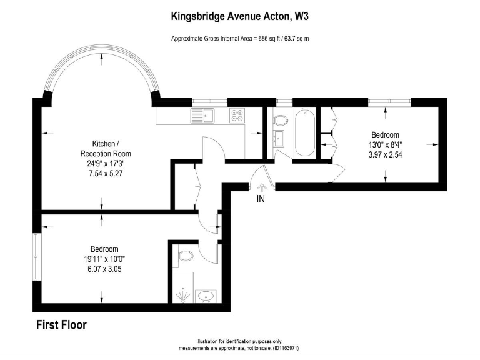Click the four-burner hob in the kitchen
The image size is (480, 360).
tap(237, 116)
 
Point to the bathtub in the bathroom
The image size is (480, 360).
tap(306, 132)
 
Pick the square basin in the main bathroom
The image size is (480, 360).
tap(279, 139)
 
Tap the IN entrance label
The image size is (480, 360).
tap(261, 199)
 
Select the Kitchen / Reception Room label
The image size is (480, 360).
tap(105, 149)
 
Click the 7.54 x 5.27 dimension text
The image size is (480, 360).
tap(105, 174)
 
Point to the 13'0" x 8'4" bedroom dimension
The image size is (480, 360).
tap(385, 145)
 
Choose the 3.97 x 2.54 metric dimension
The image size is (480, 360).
tap(385, 155)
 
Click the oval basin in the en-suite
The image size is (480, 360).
tap(206, 296)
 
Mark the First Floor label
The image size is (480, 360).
tap(61, 325)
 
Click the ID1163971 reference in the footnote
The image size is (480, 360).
tap(287, 348)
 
